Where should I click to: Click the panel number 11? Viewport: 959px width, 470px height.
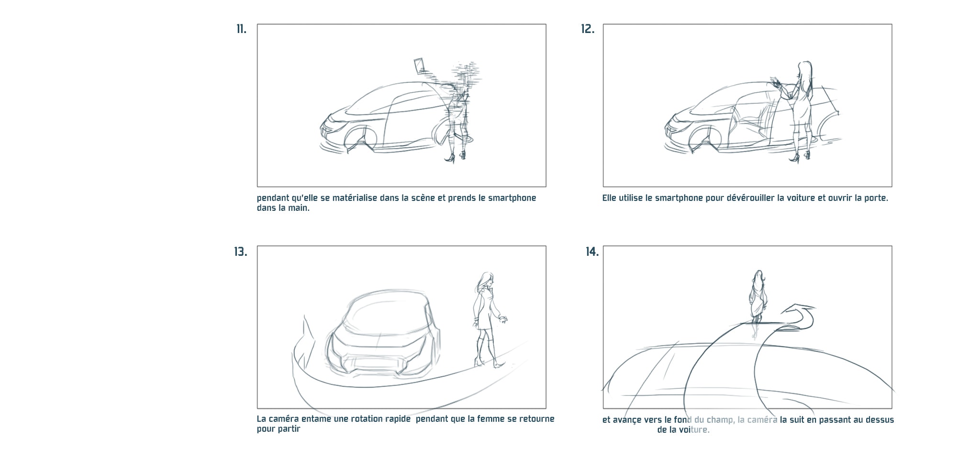click(241, 29)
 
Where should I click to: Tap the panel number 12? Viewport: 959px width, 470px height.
click(588, 29)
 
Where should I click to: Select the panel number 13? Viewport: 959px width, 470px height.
click(241, 251)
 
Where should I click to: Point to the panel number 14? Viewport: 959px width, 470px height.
click(592, 251)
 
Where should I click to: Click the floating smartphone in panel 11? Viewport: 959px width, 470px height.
click(420, 65)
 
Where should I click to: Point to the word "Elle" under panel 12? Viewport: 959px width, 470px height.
click(611, 198)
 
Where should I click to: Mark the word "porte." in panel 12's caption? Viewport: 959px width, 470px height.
click(876, 198)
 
